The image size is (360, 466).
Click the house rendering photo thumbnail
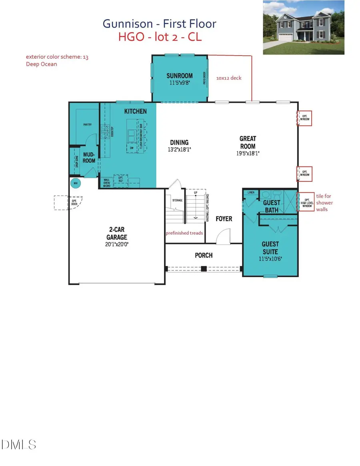pyautogui.click(x=303, y=28)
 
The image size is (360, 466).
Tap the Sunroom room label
pyautogui.click(x=180, y=76)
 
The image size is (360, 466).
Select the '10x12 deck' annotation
pyautogui.click(x=228, y=78)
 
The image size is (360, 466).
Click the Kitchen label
pyautogui.click(x=135, y=111)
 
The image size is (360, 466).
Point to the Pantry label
pyautogui.click(x=87, y=124)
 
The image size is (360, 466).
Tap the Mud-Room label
pyautogui.click(x=89, y=157)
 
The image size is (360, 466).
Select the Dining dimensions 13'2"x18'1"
pyautogui.click(x=179, y=150)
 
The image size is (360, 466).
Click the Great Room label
pyautogui.click(x=248, y=142)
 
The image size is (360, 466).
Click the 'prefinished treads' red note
pyautogui.click(x=184, y=233)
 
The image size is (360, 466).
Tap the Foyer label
pyautogui.click(x=224, y=219)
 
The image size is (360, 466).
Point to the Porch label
pyautogui.click(x=204, y=255)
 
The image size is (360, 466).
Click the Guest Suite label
pyautogui.click(x=270, y=247)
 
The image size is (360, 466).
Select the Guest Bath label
pyautogui.click(x=272, y=206)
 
